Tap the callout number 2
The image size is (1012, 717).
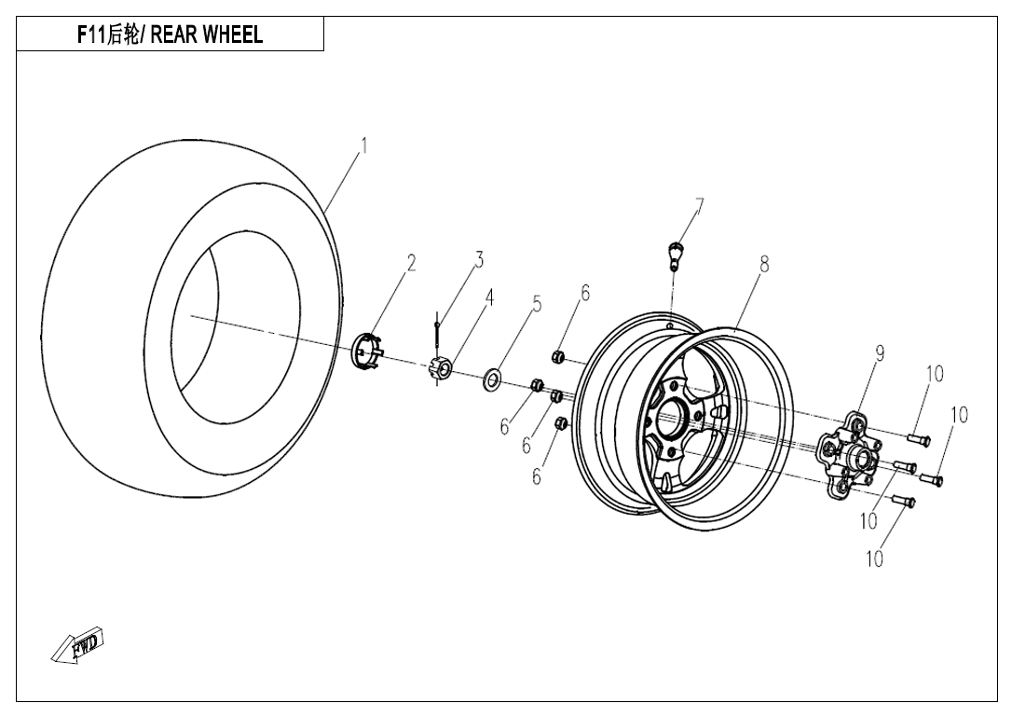pos(411,264)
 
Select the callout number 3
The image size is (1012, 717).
pos(479,259)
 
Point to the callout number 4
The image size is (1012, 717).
pos(488,296)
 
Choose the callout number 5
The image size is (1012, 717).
pos(537,303)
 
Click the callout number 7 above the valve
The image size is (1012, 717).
pos(699,205)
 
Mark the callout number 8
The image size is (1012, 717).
pos(764,264)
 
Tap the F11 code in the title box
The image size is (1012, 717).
pos(92,35)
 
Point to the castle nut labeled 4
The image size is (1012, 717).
pos(441,370)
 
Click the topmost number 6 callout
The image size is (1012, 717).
pos(584,292)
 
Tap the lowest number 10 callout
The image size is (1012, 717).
pos(874,558)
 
